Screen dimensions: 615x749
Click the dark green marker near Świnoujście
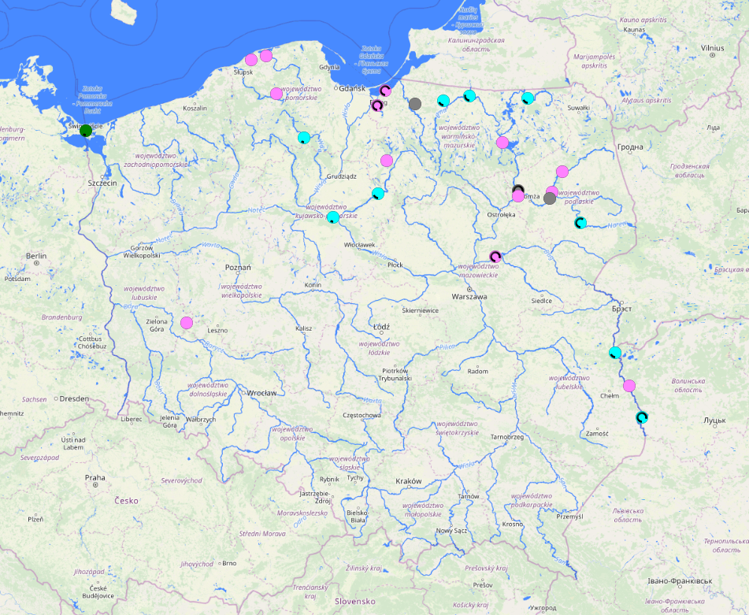(x=86, y=131)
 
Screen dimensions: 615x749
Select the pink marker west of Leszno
(x=187, y=323)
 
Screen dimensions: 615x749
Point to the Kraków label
(x=409, y=481)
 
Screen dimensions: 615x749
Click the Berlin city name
(x=36, y=256)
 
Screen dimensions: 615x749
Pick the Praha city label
(x=95, y=477)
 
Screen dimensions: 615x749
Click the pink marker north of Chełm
(x=629, y=386)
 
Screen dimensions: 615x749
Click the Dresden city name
(x=73, y=398)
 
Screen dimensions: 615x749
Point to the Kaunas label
(x=634, y=30)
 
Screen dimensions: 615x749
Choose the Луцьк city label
(x=714, y=420)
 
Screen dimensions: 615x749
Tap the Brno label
(x=229, y=563)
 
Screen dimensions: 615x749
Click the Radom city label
(x=477, y=371)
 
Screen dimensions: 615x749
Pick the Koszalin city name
(x=195, y=108)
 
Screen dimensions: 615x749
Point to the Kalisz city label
(x=303, y=328)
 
